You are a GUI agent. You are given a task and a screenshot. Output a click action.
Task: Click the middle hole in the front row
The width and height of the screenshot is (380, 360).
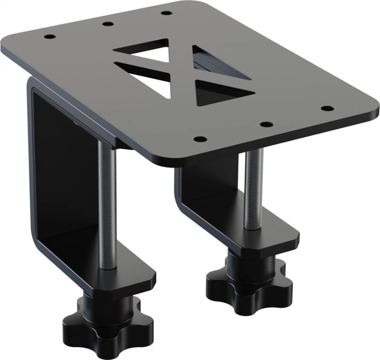pos(267,124)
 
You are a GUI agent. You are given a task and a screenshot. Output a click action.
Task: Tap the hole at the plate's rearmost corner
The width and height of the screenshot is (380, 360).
pos(165,13)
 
